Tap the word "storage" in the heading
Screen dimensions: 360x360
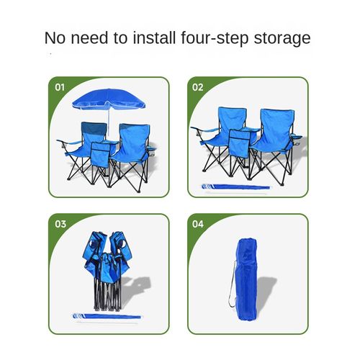[x=283, y=37]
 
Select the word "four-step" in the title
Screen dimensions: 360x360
[x=219, y=37]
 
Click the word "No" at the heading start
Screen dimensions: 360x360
[x=55, y=37]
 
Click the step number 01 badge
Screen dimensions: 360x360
[x=60, y=87]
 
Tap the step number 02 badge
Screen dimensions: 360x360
[x=198, y=87]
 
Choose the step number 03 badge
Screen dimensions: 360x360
[x=60, y=224]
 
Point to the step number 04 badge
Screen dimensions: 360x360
[x=198, y=224]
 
